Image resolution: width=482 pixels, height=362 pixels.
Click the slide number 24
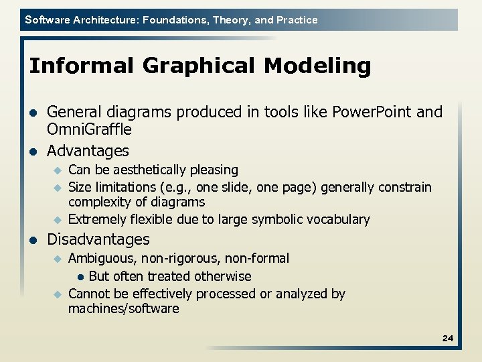pyautogui.click(x=448, y=339)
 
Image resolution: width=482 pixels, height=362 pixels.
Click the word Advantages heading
pyautogui.click(x=88, y=150)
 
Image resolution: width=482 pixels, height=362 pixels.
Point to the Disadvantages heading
pyautogui.click(x=98, y=239)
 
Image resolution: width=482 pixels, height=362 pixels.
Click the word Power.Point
pyautogui.click(x=374, y=111)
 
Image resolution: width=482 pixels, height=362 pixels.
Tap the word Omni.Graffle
pyautogui.click(x=89, y=129)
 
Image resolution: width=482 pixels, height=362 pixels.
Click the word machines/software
pyautogui.click(x=123, y=308)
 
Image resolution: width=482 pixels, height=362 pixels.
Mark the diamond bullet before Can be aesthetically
pyautogui.click(x=58, y=170)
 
